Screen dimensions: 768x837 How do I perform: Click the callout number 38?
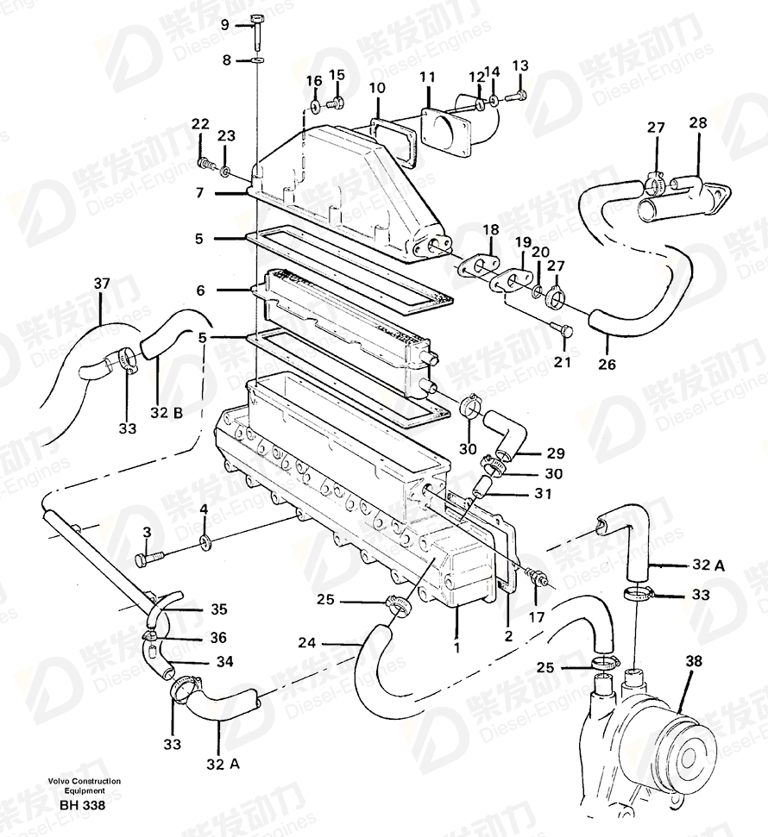(x=693, y=661)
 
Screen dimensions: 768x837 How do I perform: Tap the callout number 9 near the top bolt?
(x=224, y=24)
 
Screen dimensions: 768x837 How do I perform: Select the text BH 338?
(x=83, y=805)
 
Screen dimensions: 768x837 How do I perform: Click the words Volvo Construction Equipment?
(x=85, y=786)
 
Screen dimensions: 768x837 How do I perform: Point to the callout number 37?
(x=102, y=284)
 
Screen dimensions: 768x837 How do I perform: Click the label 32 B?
(x=167, y=413)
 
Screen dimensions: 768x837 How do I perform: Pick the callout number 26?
(x=607, y=364)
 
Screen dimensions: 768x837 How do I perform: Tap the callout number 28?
(x=698, y=122)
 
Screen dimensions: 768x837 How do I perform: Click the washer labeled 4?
(x=205, y=542)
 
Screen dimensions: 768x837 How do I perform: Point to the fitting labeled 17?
(x=536, y=577)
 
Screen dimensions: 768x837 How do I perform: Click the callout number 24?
(x=307, y=643)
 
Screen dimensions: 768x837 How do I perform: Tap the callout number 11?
(x=427, y=78)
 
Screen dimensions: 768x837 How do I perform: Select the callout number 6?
(x=200, y=290)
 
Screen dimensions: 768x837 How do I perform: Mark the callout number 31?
(x=543, y=493)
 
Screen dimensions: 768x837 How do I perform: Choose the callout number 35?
(x=218, y=609)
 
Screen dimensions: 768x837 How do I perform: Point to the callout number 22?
(x=200, y=124)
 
